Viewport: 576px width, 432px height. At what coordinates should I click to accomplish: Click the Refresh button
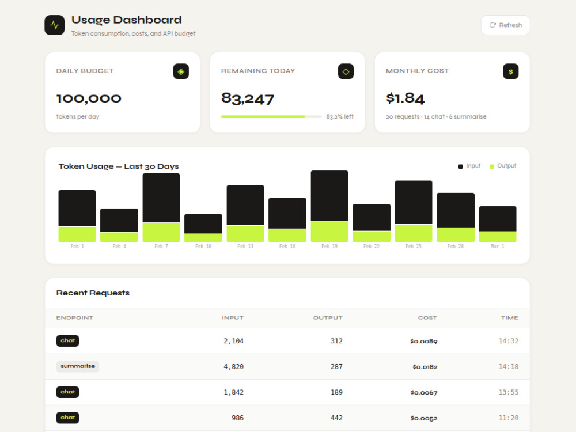coord(505,25)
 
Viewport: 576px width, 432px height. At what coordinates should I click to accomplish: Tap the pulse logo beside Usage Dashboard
coord(54,25)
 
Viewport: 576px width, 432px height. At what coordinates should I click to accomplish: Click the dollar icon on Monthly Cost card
coord(510,71)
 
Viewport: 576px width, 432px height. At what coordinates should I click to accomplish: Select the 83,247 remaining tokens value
coord(248,98)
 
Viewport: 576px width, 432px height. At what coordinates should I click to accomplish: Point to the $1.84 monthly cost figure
coord(405,98)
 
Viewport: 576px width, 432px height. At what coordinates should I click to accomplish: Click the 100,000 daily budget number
coord(89,98)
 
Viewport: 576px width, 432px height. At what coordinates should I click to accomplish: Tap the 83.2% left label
coord(340,116)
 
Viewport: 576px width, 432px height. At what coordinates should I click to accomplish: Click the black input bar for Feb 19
coord(329,195)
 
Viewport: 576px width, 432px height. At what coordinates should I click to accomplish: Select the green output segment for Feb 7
coord(161,232)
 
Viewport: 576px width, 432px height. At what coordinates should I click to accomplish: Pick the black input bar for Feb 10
coord(203,223)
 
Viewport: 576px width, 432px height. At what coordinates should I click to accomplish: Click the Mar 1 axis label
coord(498,246)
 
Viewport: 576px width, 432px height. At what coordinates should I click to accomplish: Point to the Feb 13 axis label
coord(245,246)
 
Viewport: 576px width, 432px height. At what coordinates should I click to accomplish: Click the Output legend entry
coord(503,166)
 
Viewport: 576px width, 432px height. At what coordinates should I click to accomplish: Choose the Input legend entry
coord(469,166)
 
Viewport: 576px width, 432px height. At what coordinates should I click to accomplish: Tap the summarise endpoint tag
coord(78,366)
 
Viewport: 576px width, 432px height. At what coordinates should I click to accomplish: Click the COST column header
coord(427,318)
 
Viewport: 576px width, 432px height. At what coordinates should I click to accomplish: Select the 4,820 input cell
coord(234,366)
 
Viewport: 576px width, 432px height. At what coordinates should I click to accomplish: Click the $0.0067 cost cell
coord(424,392)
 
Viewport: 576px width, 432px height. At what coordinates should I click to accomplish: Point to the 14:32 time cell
coord(509,341)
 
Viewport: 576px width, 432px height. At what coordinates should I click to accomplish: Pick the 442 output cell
coord(336,418)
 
